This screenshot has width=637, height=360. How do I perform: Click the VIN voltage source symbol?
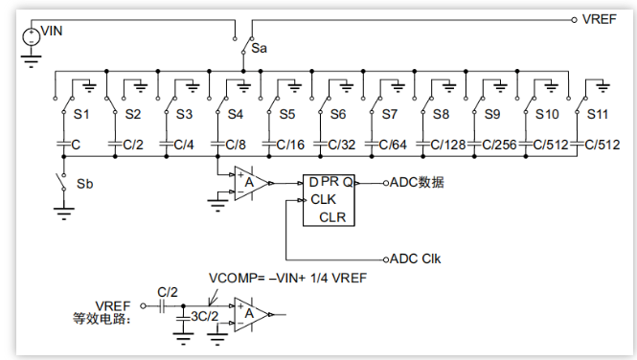coord(32,37)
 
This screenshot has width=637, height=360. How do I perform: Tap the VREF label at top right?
coord(600,19)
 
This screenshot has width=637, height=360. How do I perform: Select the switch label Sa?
coord(260,48)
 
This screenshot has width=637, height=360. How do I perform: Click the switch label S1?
coord(81,115)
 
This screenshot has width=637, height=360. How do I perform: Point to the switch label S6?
coord(338,115)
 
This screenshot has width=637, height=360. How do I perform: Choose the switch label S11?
coord(598,115)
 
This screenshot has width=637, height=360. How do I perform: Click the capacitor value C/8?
coord(236,145)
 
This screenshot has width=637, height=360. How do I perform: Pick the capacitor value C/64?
coord(393,145)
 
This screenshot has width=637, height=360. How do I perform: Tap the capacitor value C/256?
coord(499,145)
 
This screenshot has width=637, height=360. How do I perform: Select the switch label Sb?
coord(85,184)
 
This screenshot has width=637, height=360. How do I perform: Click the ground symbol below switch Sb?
coord(64,214)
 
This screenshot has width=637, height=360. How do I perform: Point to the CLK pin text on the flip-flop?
coord(324,200)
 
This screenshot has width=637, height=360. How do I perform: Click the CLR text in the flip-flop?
coord(332,217)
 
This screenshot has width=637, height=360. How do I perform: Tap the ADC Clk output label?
coord(415,259)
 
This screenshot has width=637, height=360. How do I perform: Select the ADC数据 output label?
coord(417,183)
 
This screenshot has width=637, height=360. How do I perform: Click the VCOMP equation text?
coord(287,278)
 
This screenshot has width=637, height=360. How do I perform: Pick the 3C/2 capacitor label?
coord(205,316)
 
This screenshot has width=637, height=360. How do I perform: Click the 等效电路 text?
coord(102,319)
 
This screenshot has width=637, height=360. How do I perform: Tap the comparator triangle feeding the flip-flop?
coord(251,184)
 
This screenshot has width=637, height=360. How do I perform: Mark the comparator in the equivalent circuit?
coord(251,315)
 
